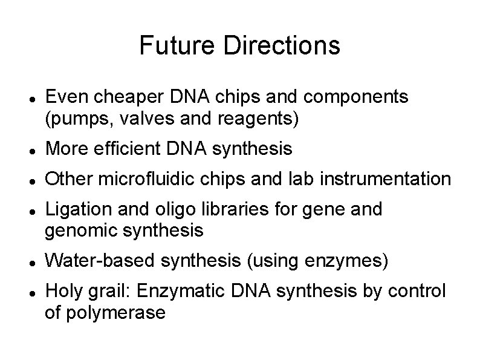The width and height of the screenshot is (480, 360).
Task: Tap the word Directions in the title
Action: [x=281, y=45]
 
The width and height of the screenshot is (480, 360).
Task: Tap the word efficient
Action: [x=126, y=148]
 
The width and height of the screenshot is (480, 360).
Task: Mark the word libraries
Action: [x=226, y=210]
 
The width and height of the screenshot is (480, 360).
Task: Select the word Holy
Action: [x=63, y=292]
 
